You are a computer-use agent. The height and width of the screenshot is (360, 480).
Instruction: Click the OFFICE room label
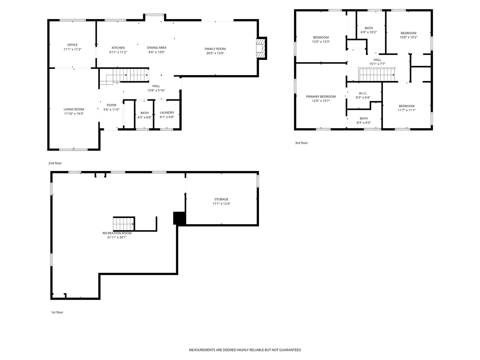coord(72,45)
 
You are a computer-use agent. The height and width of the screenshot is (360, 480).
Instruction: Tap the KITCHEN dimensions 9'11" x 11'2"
coord(118,52)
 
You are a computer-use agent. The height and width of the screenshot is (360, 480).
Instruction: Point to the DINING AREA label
coord(156,48)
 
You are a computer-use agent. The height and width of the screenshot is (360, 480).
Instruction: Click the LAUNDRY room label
coord(167,112)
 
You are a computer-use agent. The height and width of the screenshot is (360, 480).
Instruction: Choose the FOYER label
coord(111,105)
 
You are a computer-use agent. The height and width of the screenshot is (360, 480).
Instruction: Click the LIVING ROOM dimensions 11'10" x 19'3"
coord(73,113)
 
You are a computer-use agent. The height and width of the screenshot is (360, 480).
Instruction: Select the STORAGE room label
coord(221,199)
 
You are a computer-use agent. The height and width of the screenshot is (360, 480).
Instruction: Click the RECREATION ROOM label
coord(117,233)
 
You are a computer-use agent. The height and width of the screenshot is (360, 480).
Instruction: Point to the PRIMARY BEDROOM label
coord(321,96)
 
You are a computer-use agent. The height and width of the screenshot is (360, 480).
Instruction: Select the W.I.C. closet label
coord(363,93)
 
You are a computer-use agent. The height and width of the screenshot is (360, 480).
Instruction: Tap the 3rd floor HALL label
coord(377,60)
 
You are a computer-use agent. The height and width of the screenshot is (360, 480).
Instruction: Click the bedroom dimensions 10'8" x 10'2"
coord(408,37)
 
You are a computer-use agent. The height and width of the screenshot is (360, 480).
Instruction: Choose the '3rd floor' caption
coord(301,143)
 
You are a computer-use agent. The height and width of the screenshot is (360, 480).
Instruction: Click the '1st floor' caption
coord(57,312)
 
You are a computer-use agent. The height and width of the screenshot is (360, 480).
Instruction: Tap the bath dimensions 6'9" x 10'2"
coord(369,32)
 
